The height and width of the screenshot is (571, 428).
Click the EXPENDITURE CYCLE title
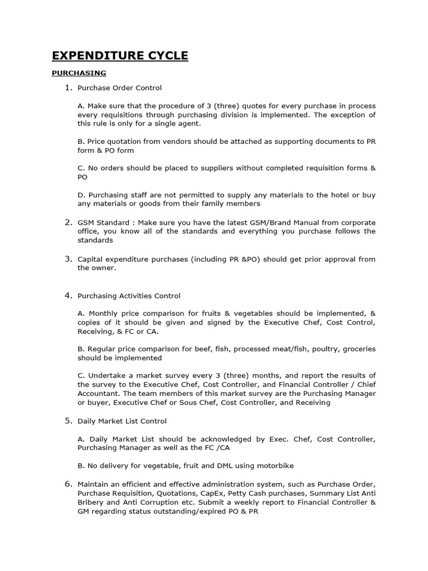tap(120, 55)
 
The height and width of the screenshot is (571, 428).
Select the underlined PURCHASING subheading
tap(79, 73)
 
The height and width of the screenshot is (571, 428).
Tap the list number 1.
tap(69, 88)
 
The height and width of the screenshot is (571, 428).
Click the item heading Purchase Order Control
tap(120, 88)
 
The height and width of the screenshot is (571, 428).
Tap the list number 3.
tap(69, 259)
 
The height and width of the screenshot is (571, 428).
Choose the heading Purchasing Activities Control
tap(129, 296)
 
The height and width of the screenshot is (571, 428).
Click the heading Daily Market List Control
tap(122, 421)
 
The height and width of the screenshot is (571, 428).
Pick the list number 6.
tap(69, 483)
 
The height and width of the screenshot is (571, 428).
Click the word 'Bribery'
tap(91, 502)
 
